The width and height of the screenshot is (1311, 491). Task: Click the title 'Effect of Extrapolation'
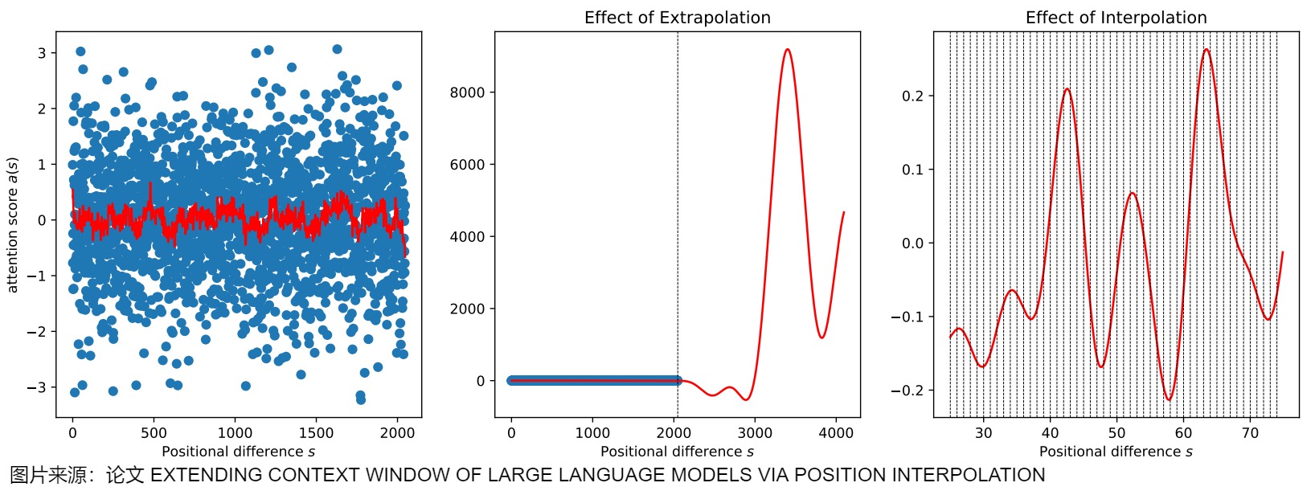677,18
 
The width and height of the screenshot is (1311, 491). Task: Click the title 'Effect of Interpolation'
1116,18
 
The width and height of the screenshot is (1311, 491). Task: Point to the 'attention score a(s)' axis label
12,225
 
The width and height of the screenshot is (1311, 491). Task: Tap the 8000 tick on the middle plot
467,92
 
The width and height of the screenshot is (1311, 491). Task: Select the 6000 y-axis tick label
467,165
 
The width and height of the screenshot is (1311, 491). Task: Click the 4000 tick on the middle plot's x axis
836,433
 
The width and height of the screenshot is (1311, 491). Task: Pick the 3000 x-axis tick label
755,433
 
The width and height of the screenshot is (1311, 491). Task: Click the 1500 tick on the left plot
316,433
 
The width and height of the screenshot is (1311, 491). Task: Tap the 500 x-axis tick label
154,433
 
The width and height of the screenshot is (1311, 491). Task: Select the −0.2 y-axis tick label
907,391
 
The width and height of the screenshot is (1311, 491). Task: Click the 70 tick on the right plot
1250,433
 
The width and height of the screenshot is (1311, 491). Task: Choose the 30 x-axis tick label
983,433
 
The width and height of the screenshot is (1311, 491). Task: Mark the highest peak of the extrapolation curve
787,50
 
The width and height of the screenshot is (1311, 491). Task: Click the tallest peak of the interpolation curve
1207,50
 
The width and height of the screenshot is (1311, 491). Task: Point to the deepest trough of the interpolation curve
1169,399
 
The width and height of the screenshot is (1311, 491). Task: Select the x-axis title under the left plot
238,451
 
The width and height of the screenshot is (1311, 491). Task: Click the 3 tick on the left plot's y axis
42,53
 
